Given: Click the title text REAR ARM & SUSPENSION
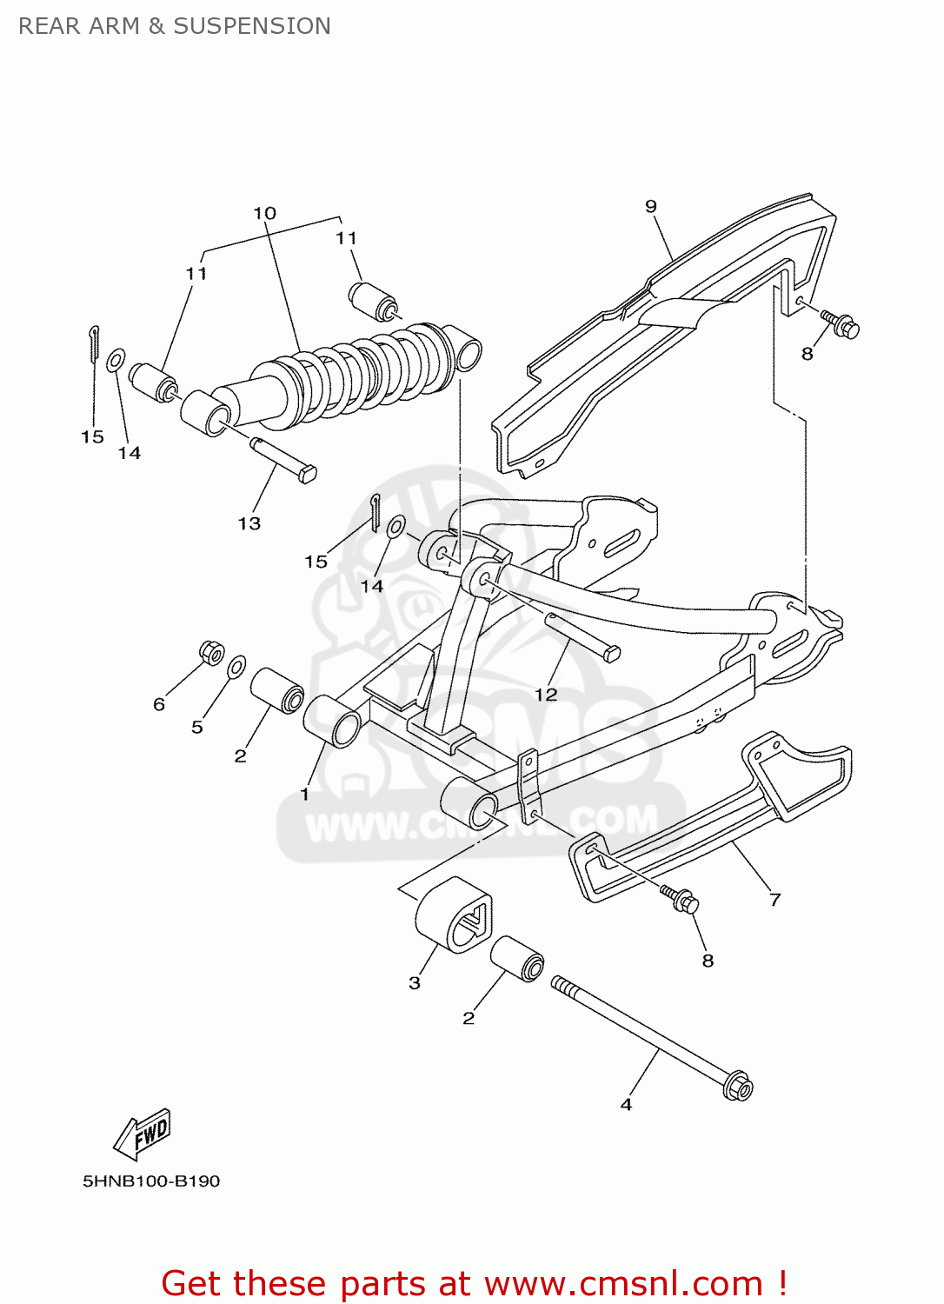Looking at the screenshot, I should click(174, 26).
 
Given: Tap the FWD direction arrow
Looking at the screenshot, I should click(143, 1134).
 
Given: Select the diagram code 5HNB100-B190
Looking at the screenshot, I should click(151, 1181).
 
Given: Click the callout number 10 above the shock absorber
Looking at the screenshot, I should click(264, 213).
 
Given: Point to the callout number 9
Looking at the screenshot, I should click(651, 206).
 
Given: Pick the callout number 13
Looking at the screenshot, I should click(249, 523).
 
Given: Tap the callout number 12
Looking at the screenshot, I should click(545, 694).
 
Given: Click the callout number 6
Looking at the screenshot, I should click(159, 704).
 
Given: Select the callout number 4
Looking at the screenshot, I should click(626, 1104).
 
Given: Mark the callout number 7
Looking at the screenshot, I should click(774, 900).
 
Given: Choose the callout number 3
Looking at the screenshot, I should click(415, 982).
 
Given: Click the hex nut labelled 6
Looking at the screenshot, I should click(211, 652).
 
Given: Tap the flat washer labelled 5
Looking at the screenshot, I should click(236, 668).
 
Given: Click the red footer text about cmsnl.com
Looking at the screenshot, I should click(474, 1283).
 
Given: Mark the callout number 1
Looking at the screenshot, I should click(304, 794).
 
